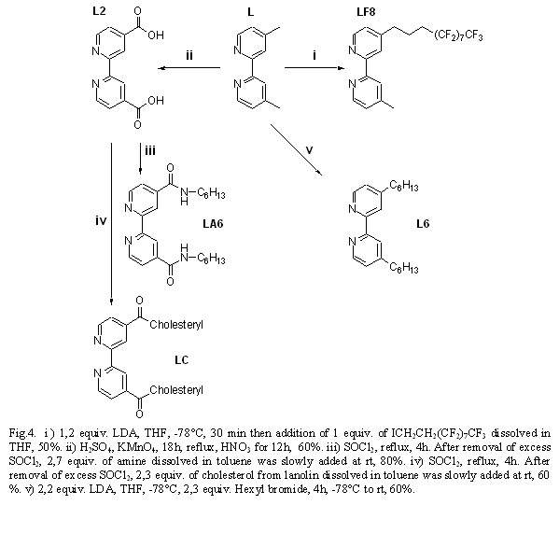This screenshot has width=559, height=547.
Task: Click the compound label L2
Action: [x=99, y=11]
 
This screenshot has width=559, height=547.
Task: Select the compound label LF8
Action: [x=366, y=12]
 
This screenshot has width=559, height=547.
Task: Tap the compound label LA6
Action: [x=213, y=224]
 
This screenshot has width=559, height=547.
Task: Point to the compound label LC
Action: [x=181, y=360]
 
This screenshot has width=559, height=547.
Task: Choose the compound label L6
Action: [x=423, y=224]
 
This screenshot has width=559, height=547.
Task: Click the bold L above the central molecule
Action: [x=251, y=12]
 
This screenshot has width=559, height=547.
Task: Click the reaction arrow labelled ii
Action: [x=189, y=68]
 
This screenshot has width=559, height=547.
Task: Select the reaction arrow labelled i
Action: [x=314, y=68]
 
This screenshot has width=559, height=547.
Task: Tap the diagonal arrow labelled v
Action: [x=296, y=149]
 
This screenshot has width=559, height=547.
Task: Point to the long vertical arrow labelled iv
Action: [x=112, y=224]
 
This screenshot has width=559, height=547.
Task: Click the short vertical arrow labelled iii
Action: [x=140, y=159]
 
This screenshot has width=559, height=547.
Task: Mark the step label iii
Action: [x=150, y=151]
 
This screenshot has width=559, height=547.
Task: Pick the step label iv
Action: [x=101, y=221]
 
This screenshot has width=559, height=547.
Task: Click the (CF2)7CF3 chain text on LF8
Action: [x=458, y=36]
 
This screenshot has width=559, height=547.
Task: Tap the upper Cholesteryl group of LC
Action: [x=176, y=325]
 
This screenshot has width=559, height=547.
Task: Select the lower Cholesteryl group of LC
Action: [x=176, y=390]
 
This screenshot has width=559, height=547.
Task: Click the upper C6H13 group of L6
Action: [x=404, y=186]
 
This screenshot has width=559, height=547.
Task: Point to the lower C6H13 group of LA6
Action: [x=211, y=259]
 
